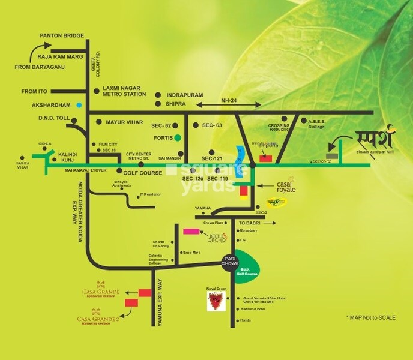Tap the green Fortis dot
178,137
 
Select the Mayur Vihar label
124,122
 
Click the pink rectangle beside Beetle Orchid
191,231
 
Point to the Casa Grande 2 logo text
98,319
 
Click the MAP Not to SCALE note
370,317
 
